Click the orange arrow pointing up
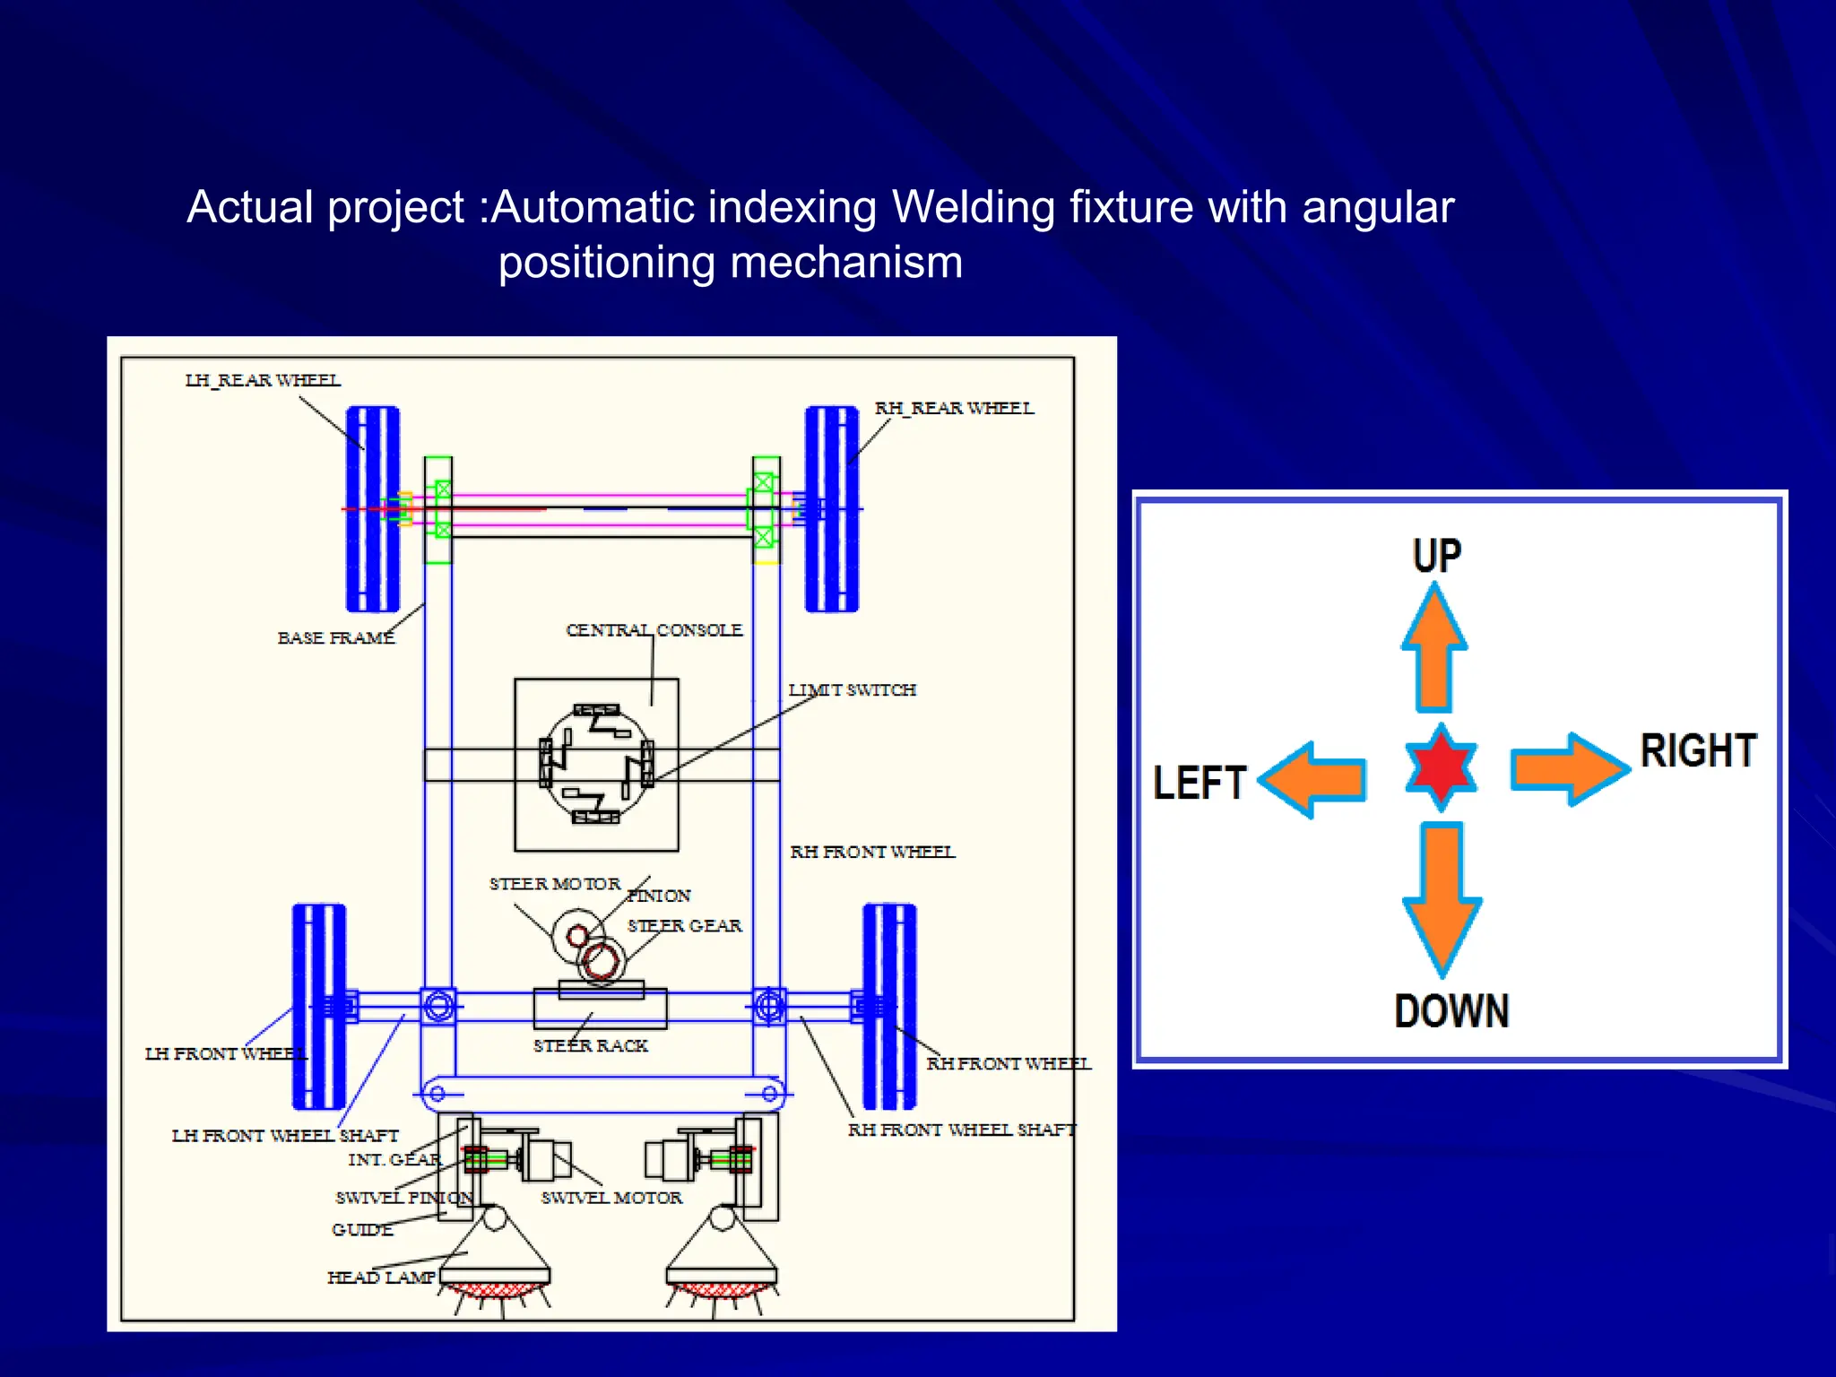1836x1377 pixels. [1434, 650]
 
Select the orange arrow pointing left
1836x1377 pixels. [1313, 779]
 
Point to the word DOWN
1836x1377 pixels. [1451, 1011]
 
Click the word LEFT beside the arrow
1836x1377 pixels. [1199, 783]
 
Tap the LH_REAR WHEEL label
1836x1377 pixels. [263, 380]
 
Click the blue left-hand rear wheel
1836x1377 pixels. [373, 509]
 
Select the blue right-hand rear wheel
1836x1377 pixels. [832, 509]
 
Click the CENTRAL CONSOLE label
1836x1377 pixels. [654, 630]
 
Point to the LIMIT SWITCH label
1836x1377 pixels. [853, 689]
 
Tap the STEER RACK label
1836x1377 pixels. [591, 1045]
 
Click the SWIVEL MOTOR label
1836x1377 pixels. [611, 1198]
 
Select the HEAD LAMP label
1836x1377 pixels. [381, 1277]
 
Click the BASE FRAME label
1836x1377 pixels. [336, 637]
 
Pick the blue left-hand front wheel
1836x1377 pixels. [319, 1007]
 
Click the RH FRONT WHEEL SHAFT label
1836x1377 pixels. [962, 1130]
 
